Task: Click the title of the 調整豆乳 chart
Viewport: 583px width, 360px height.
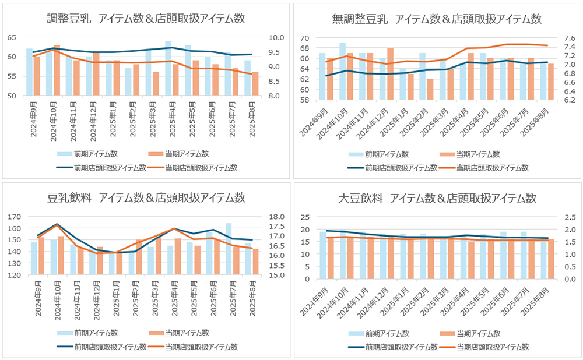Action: [x=146, y=18]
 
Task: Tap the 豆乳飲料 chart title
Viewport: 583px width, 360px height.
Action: [x=146, y=197]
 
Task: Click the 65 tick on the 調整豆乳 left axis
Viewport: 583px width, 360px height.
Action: [x=12, y=37]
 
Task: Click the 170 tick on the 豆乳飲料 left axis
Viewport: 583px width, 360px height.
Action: [x=13, y=216]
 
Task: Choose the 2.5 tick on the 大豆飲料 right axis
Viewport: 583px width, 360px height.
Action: [x=567, y=217]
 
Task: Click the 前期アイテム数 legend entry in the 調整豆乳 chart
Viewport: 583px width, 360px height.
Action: [x=87, y=154]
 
